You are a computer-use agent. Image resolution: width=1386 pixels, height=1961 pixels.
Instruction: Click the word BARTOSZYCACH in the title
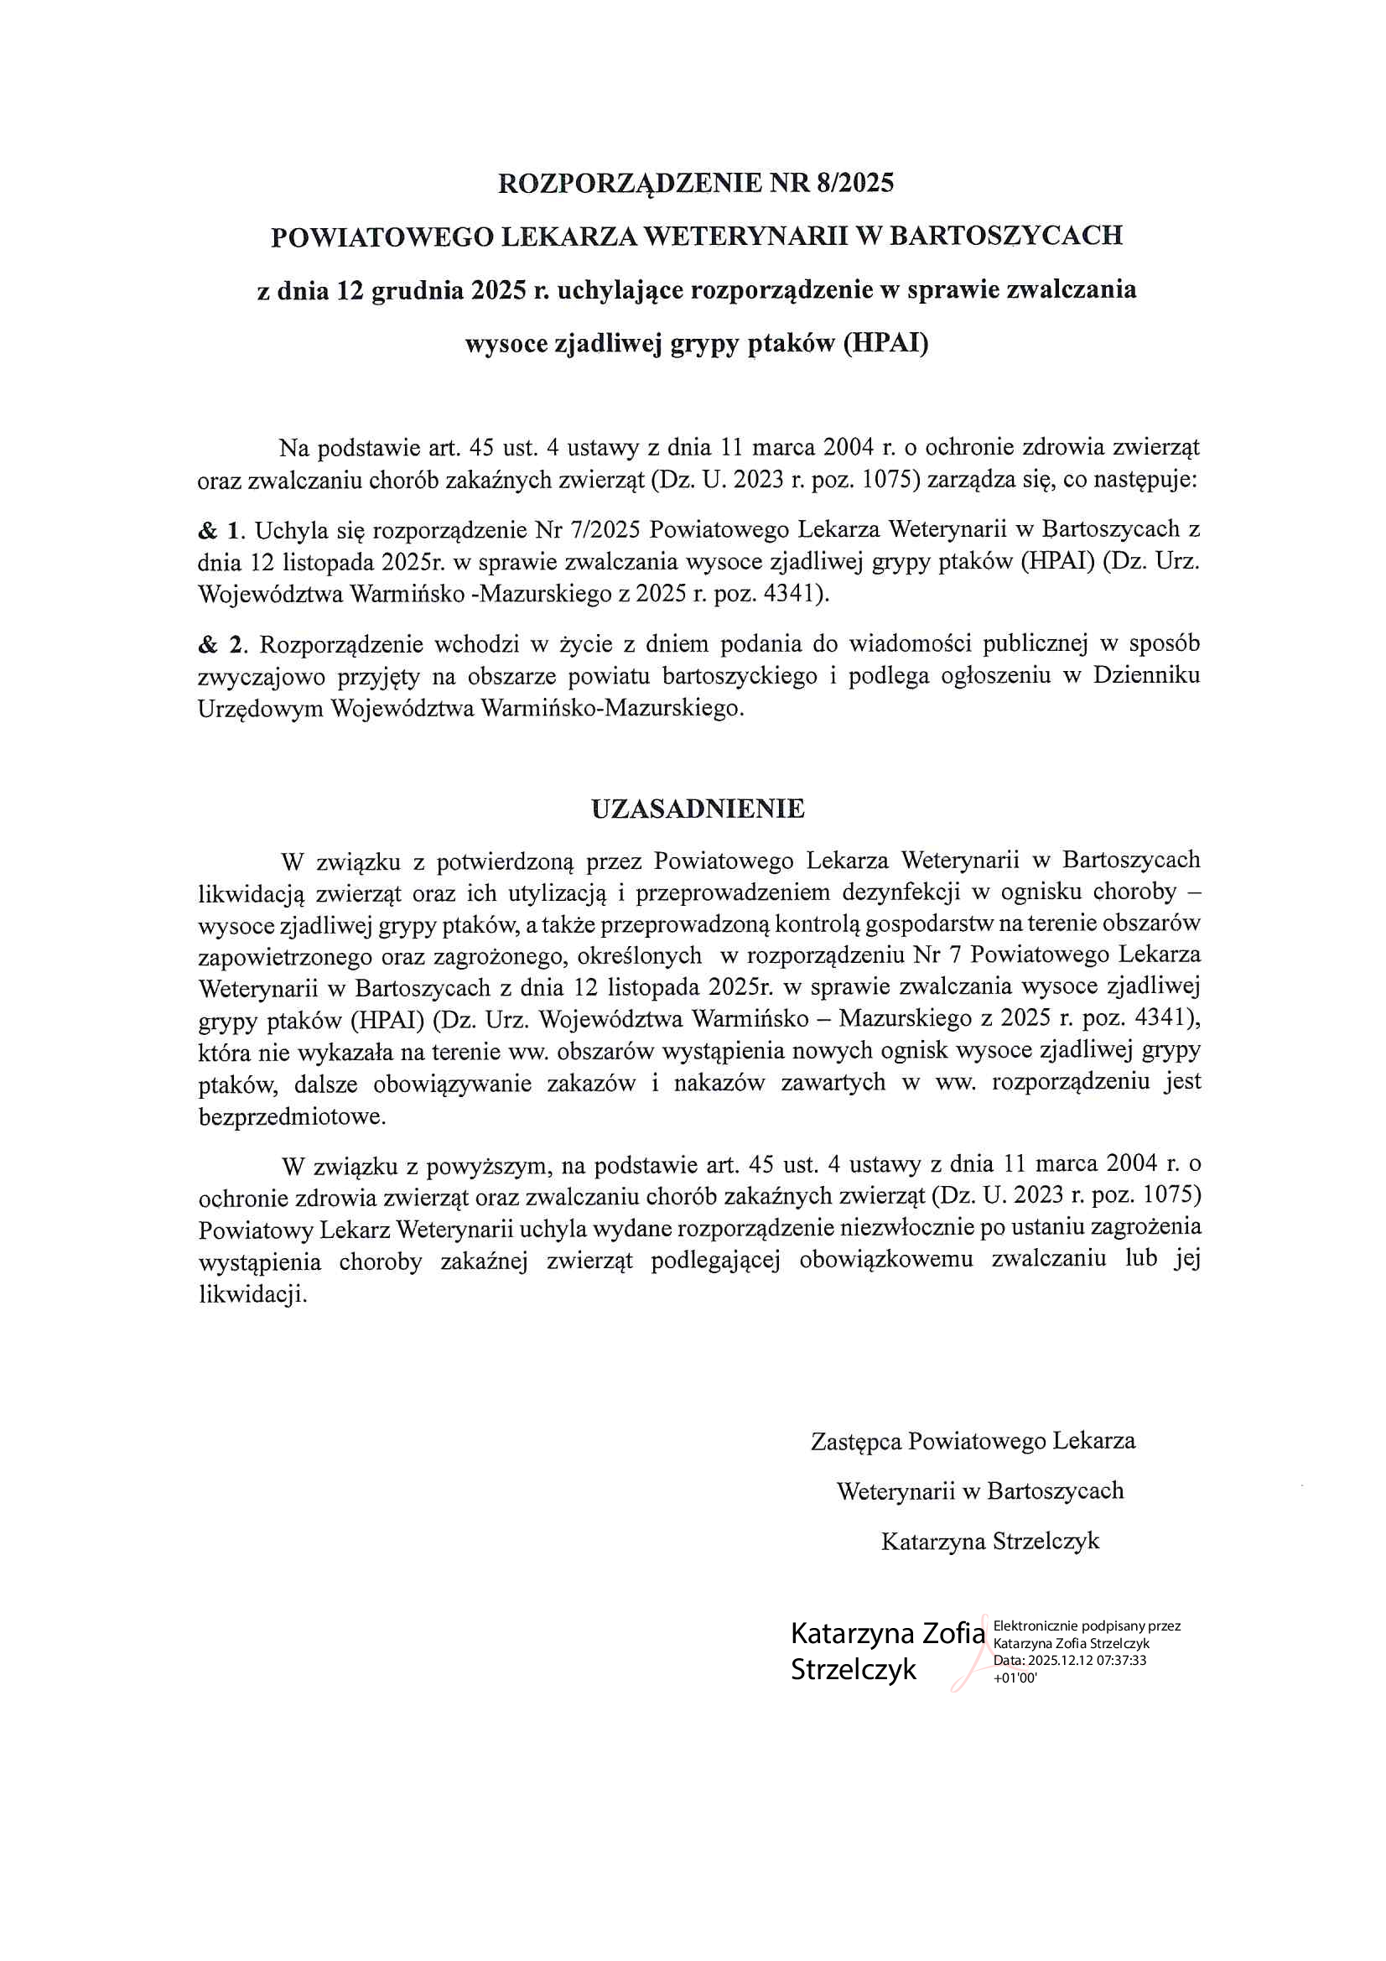1006,236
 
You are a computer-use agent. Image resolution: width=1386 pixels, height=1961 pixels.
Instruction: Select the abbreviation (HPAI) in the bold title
885,343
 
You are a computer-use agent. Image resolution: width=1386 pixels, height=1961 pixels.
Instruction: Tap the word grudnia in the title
418,290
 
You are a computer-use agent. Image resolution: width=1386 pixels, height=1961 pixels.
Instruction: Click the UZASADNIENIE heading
698,808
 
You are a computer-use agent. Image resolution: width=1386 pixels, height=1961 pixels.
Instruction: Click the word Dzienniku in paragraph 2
1146,675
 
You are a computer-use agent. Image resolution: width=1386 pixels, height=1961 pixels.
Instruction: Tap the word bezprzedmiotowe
291,1116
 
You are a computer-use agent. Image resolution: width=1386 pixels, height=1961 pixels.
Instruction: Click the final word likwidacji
252,1294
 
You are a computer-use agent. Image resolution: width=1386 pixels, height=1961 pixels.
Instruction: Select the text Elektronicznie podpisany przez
1087,1626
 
